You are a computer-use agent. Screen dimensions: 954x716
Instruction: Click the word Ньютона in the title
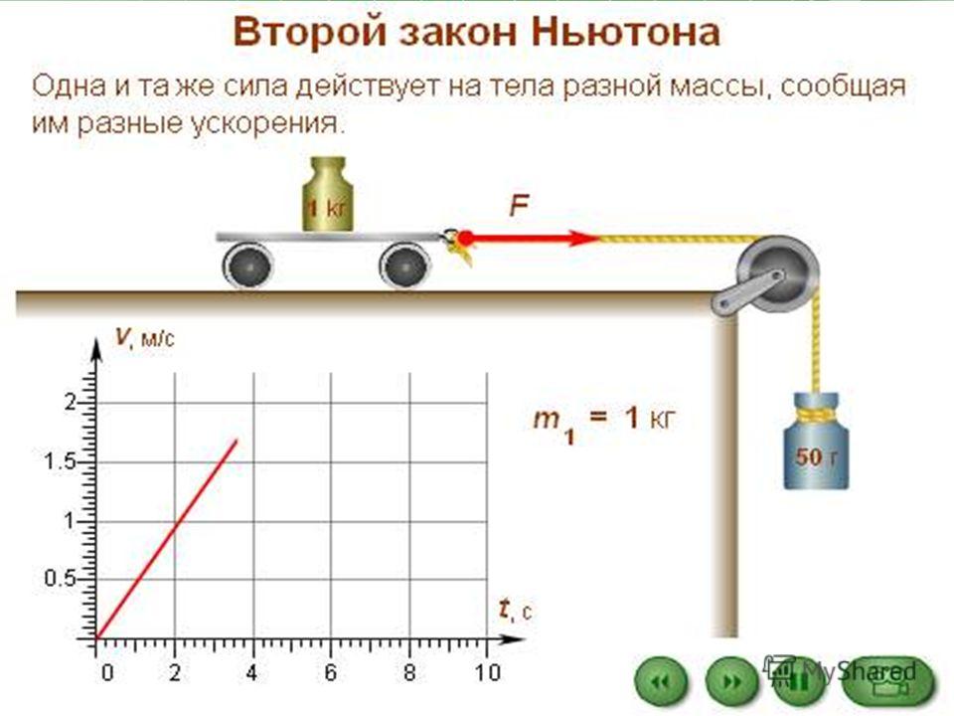[x=625, y=32]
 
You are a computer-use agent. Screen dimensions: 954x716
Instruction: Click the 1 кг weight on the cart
[x=328, y=194]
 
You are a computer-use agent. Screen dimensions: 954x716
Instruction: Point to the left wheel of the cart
[x=247, y=266]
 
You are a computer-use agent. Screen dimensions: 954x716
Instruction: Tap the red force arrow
[x=530, y=238]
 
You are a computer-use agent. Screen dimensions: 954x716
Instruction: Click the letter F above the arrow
[x=519, y=206]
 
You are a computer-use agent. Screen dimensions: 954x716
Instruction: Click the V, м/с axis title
[x=145, y=337]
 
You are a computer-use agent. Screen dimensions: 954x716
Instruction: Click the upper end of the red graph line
[x=237, y=440]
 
